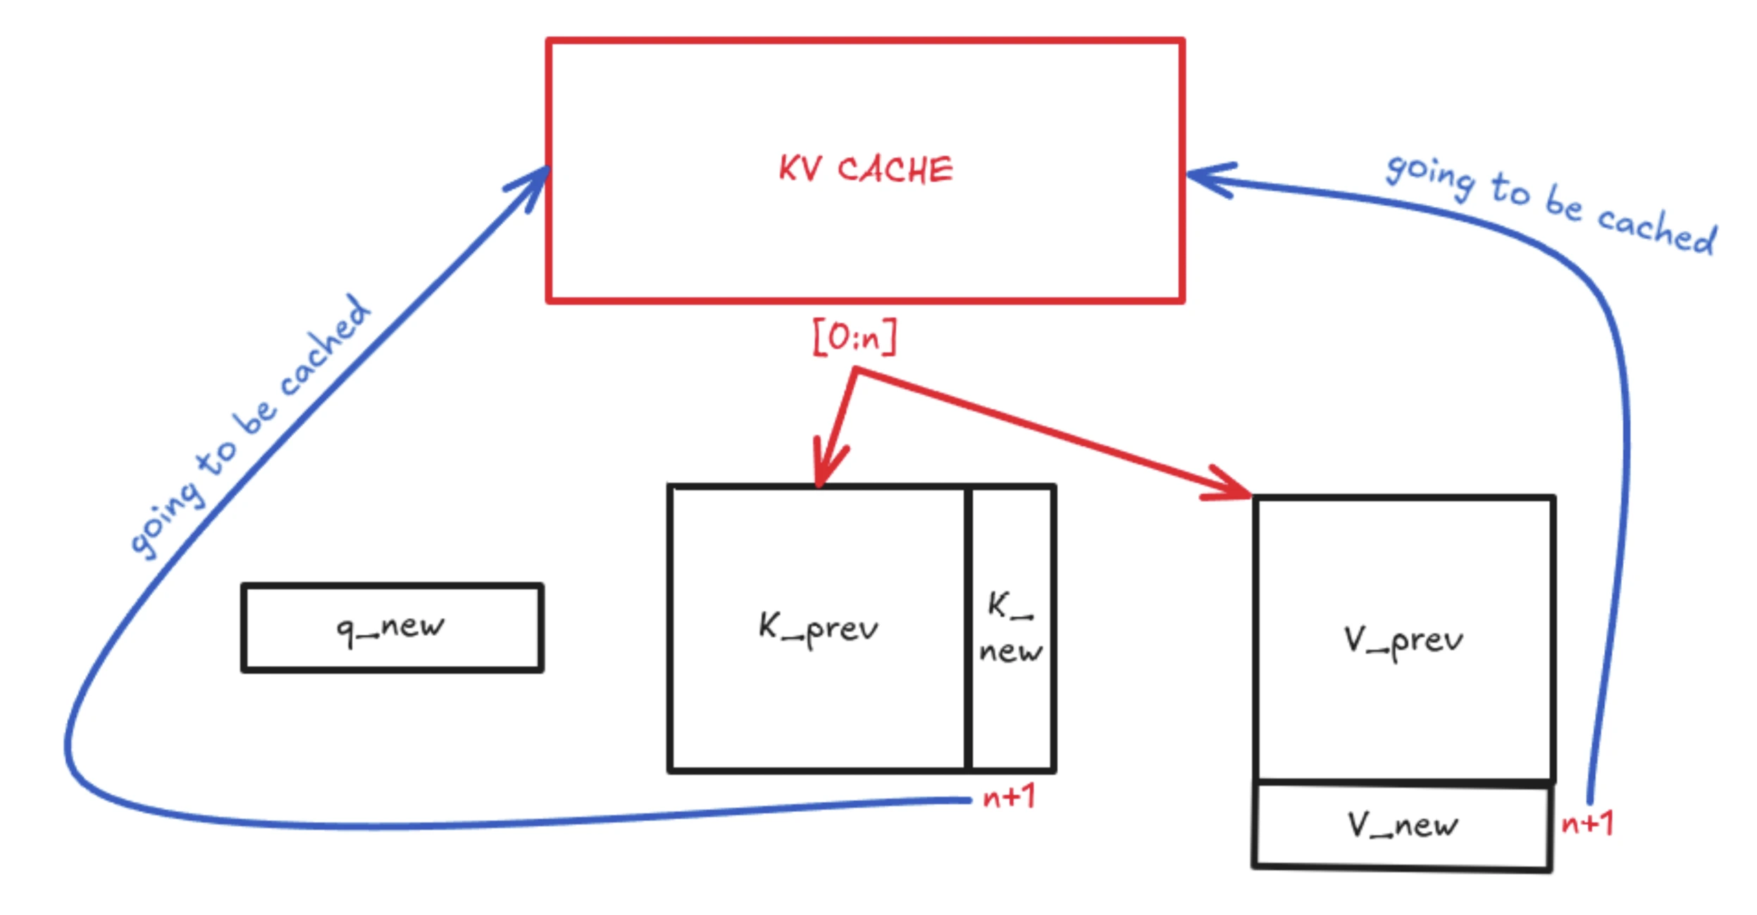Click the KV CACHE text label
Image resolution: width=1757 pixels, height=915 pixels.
tap(866, 170)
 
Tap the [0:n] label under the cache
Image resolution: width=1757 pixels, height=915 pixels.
tap(855, 338)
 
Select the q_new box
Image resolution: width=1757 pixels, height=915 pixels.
tap(392, 627)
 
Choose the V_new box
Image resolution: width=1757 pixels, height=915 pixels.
tap(1403, 825)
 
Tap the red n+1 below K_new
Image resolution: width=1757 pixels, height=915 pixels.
tap(1009, 797)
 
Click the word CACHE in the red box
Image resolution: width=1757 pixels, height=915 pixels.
tap(895, 170)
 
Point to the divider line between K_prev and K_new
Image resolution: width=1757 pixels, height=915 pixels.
tap(968, 627)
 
